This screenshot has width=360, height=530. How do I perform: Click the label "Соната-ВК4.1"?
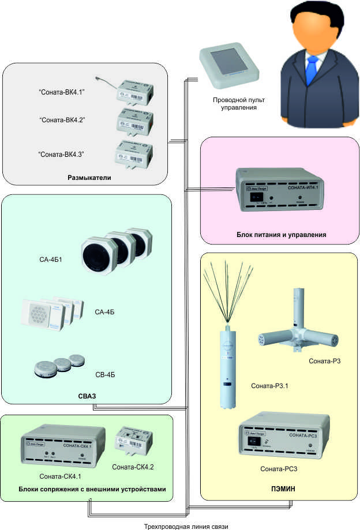(61, 92)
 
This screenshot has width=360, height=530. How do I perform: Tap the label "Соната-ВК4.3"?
(61, 154)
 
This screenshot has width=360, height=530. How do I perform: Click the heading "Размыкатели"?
(88, 178)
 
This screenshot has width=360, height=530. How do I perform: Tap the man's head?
(312, 27)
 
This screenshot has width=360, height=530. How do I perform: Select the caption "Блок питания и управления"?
(282, 235)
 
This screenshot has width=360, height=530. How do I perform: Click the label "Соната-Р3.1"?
(269, 385)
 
